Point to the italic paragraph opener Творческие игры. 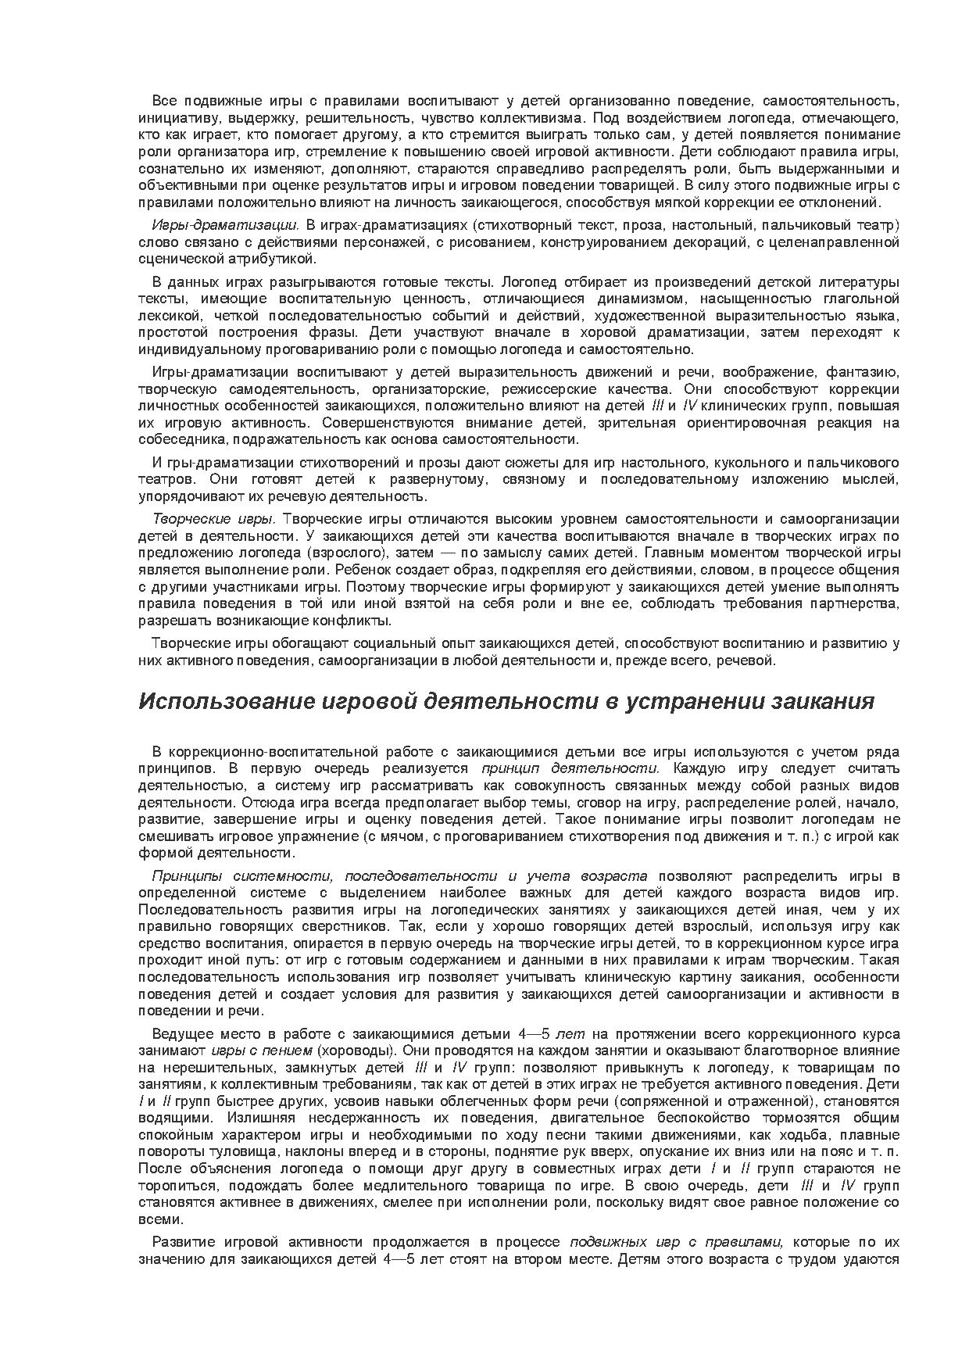click(213, 519)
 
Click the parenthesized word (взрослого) click(349, 553)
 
